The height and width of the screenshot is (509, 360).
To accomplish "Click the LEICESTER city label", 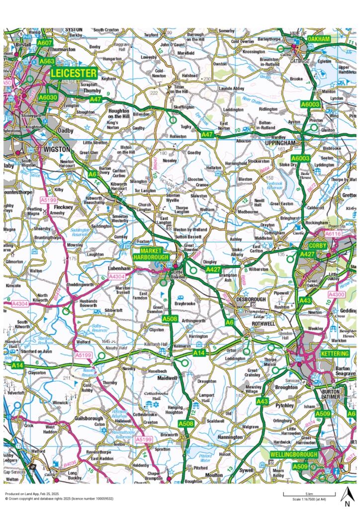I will pos(74,74).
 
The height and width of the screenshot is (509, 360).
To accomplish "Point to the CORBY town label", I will pos(317,246).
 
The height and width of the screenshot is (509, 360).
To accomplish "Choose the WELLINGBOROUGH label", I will pos(293,455).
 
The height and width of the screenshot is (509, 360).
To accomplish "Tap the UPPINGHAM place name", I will pos(279,143).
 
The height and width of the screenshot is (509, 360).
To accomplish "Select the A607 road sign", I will pos(45,44).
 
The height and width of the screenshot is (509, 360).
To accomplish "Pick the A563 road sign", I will pos(47,61).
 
